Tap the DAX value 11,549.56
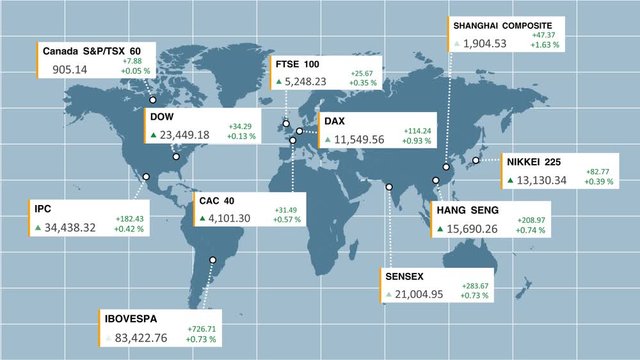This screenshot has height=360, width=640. (x=360, y=139)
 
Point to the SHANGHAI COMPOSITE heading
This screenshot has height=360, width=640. (x=501, y=25)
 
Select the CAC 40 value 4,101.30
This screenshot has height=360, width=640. (x=238, y=219)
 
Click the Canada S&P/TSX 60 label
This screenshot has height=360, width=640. (x=91, y=51)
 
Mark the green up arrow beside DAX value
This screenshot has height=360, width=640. (x=327, y=140)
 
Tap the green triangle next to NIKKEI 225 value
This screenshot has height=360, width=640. (x=511, y=181)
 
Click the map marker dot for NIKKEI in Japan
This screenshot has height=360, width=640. (x=476, y=160)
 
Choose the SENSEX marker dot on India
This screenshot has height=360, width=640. (x=388, y=186)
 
